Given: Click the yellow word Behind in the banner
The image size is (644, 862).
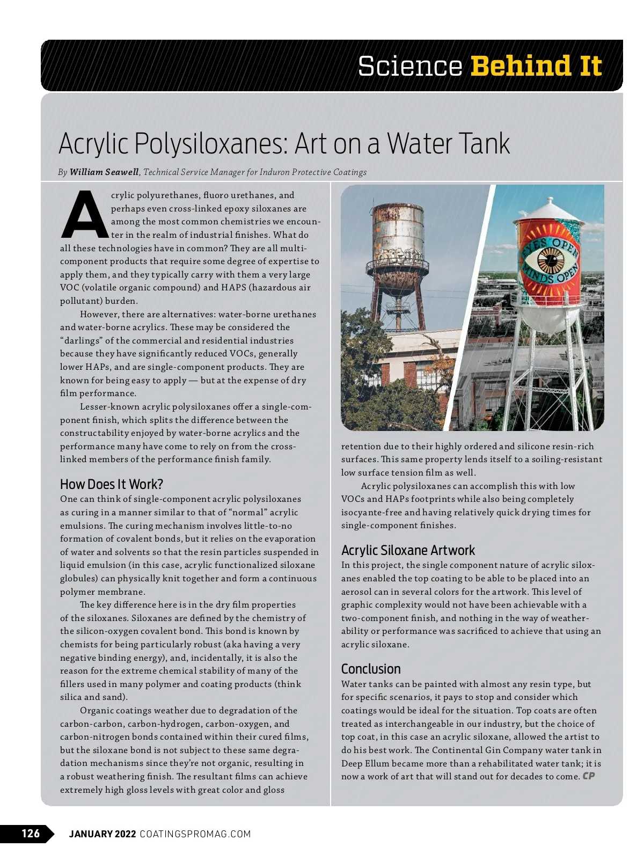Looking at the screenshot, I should [x=521, y=66].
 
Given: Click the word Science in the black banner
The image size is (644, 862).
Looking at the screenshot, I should [x=409, y=66].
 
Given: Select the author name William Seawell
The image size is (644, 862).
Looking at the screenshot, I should [x=104, y=172].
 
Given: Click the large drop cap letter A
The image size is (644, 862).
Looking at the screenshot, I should [x=84, y=214].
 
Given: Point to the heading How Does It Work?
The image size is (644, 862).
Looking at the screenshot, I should [x=111, y=484].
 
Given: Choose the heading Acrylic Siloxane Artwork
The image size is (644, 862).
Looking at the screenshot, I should [x=408, y=550].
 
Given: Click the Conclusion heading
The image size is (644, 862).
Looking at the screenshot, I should [x=371, y=669].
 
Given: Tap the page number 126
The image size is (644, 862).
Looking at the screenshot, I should [x=31, y=833].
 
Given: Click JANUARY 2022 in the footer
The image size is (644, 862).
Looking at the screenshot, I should [x=102, y=834].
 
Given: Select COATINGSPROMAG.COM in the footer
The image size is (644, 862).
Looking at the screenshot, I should [x=195, y=834].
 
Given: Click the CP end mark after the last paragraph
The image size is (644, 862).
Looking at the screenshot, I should [x=589, y=776].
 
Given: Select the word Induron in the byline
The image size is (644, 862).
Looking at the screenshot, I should [x=274, y=172].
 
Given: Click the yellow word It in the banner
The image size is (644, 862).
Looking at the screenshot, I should [x=590, y=66].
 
